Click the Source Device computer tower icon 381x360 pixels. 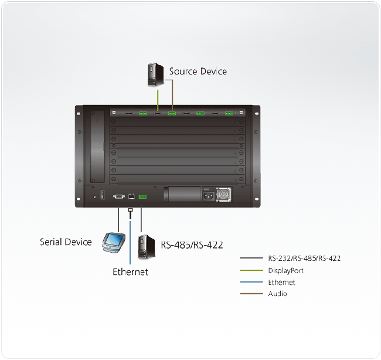155,75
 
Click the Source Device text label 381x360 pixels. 198,71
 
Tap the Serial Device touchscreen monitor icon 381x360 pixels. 114,243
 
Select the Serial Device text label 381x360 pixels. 66,242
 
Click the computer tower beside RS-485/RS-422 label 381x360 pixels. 147,247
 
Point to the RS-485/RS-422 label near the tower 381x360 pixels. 192,244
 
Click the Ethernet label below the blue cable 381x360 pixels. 131,272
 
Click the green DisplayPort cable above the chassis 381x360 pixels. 158,100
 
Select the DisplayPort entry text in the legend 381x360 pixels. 286,270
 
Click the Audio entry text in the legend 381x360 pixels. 277,294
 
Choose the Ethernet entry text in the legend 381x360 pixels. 281,282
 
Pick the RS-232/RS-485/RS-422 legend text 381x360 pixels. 304,258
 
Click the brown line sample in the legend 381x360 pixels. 251,294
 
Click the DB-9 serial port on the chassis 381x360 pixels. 119,196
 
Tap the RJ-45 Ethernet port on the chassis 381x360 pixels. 131,196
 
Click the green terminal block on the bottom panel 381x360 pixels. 142,197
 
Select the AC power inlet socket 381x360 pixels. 209,195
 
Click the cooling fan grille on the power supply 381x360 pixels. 223,195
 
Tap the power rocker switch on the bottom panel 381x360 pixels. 103,195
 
